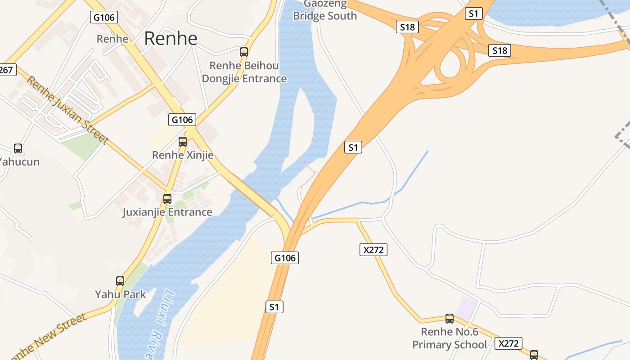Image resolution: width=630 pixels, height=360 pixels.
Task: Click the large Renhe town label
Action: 171,39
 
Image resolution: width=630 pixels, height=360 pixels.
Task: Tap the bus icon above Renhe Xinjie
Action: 183,142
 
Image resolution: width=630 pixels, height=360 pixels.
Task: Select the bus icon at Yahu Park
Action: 120,281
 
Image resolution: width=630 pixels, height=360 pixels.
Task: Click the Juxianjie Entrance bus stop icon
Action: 167,198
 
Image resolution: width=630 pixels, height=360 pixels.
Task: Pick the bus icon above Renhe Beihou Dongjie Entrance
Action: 244,52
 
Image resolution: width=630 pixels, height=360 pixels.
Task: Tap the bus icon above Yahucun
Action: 18,148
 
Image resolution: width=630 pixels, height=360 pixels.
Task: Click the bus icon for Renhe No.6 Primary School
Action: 450,319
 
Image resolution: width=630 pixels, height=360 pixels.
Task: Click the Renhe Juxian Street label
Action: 67,110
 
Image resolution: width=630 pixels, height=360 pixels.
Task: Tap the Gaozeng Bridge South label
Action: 325,10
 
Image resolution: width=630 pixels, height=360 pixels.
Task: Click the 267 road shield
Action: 7,70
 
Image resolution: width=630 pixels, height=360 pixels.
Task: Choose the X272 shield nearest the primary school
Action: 509,343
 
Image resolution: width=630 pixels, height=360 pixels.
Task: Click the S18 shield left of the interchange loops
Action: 408,27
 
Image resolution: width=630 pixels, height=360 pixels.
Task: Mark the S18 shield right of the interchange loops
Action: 499,50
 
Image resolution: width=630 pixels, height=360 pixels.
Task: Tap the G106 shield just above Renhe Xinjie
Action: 183,120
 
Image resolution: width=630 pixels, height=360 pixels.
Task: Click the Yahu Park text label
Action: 120,295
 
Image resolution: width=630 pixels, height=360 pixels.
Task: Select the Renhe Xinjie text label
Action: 183,155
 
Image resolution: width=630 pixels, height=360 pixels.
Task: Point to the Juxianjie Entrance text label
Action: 167,212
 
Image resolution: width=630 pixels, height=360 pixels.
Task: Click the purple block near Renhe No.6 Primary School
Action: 466,307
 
